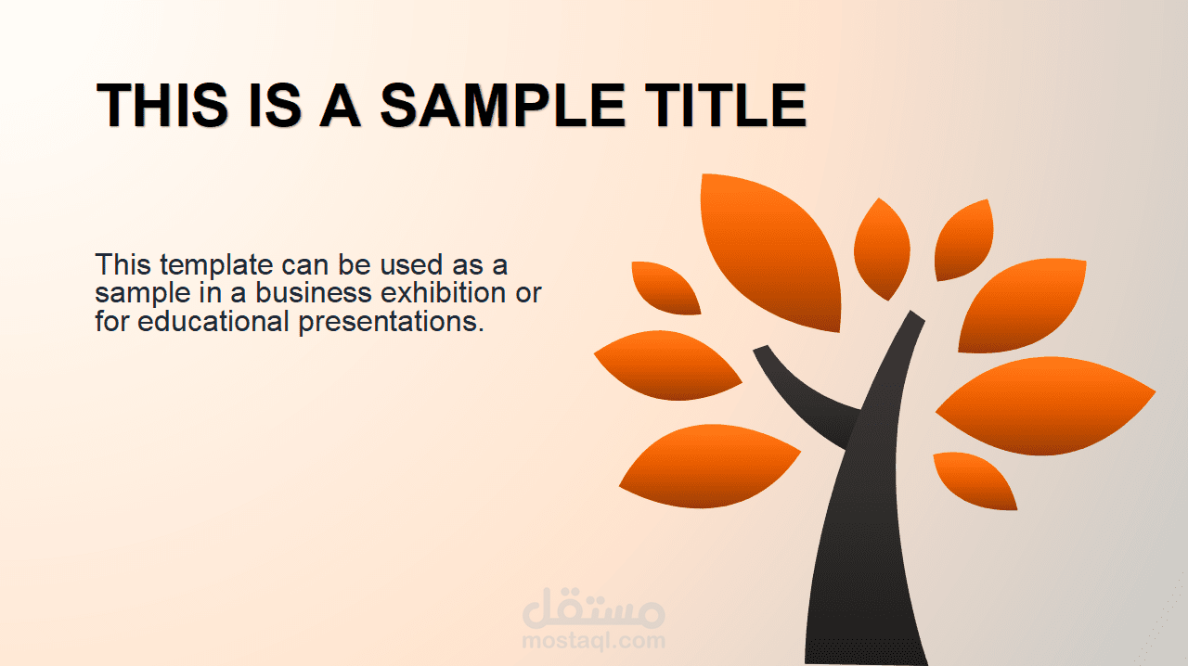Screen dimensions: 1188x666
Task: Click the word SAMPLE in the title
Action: (503, 105)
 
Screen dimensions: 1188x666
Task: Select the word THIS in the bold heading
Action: (162, 105)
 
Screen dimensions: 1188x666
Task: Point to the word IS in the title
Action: (275, 105)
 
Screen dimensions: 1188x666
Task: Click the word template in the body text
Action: (216, 265)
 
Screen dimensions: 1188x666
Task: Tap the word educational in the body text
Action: (213, 321)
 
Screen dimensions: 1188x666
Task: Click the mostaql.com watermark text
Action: (593, 641)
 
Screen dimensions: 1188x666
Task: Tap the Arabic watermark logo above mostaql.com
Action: (593, 608)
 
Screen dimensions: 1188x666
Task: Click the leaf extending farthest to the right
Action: (1045, 405)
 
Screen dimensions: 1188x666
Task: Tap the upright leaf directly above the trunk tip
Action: (882, 250)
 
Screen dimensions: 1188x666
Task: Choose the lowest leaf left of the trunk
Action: (709, 466)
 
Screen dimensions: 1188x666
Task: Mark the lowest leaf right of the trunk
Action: (975, 480)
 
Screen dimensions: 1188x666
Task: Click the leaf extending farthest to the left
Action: (667, 365)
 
